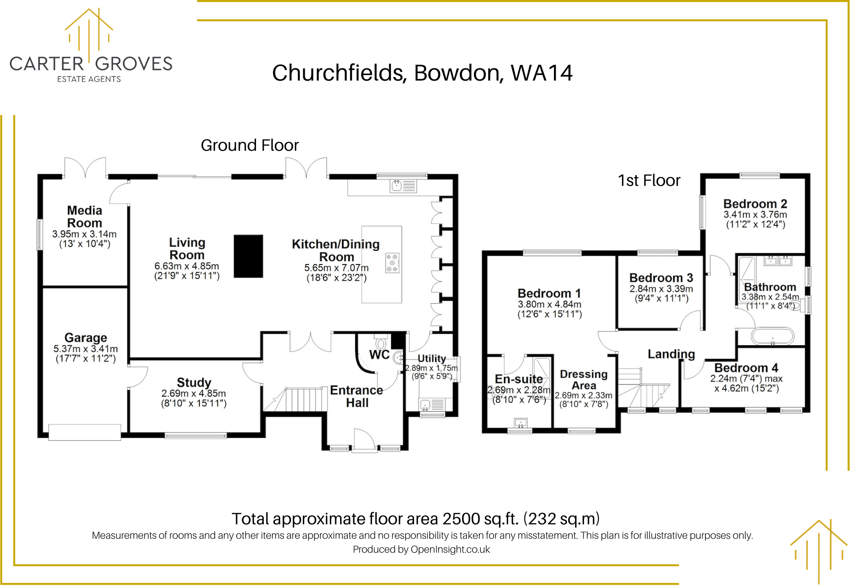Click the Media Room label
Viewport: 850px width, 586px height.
(x=85, y=216)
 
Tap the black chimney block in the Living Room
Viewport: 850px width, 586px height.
(x=248, y=256)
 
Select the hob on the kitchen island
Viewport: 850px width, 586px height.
(x=392, y=263)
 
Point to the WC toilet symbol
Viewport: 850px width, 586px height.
(x=381, y=342)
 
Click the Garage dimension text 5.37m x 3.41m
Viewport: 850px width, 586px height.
(x=85, y=349)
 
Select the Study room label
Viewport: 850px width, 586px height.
(x=194, y=382)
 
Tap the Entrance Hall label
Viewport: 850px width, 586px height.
(x=357, y=397)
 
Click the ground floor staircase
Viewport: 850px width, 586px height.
(x=295, y=399)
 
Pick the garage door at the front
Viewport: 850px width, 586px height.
(x=85, y=432)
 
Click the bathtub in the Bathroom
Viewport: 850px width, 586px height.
(x=773, y=337)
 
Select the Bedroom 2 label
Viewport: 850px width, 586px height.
(x=755, y=204)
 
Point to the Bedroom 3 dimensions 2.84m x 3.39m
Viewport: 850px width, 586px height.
(x=661, y=288)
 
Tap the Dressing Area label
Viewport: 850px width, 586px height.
(x=584, y=380)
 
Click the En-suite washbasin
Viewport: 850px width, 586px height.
(x=521, y=423)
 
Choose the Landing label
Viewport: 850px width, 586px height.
(x=671, y=354)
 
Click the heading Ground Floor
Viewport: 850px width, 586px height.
(x=250, y=145)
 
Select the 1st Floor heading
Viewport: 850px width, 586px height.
(x=649, y=180)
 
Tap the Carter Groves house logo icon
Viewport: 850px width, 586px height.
(x=89, y=30)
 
